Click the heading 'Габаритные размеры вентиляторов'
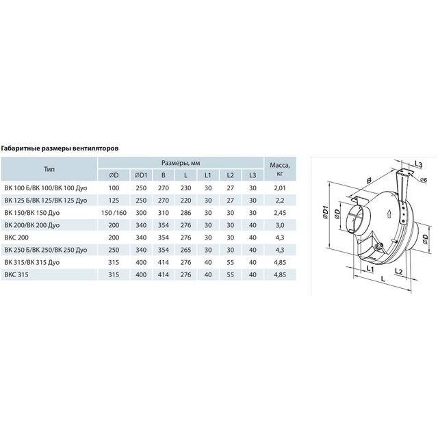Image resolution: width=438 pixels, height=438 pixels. click(x=60, y=149)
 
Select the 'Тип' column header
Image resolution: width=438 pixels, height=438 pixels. click(x=49, y=169)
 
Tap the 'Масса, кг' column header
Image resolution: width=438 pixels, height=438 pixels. click(x=280, y=169)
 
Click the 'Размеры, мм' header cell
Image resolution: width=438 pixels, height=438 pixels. click(x=181, y=163)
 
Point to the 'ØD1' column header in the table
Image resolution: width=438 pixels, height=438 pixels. click(x=141, y=175)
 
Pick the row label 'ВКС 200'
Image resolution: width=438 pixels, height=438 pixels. click(x=16, y=237)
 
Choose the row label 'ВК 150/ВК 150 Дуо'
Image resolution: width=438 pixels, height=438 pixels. click(x=32, y=213)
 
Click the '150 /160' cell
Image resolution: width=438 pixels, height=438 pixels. click(x=114, y=213)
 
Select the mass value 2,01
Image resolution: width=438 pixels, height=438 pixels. click(x=280, y=188)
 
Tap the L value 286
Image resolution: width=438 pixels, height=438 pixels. click(x=185, y=213)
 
